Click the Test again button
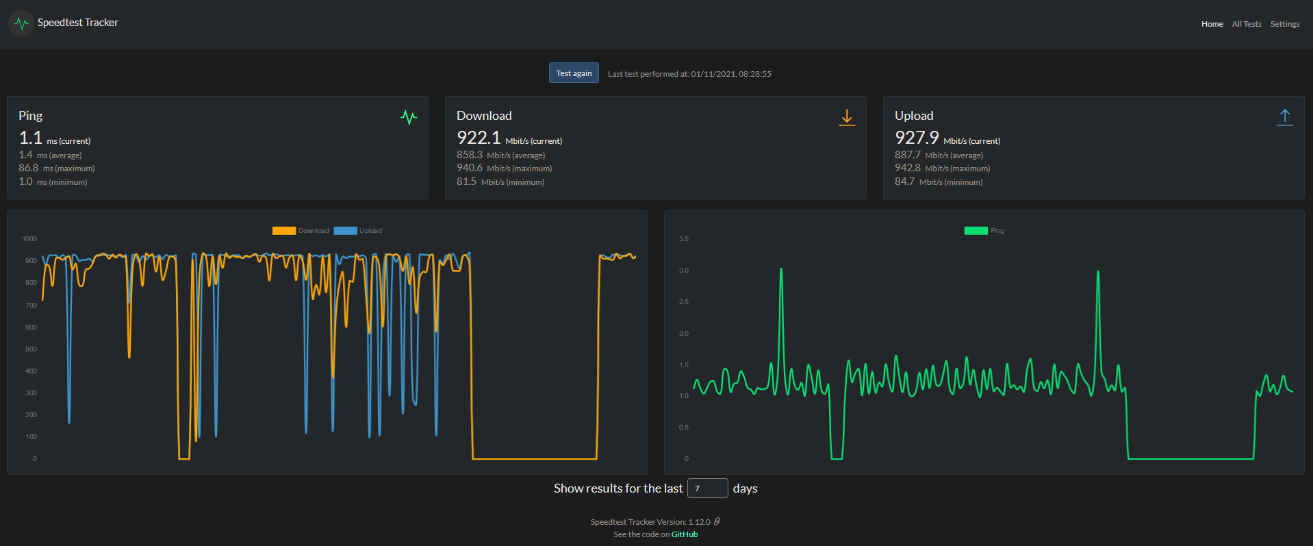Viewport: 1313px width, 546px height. (574, 73)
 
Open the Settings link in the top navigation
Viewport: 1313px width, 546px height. (1284, 24)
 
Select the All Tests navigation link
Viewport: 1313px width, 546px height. (1246, 24)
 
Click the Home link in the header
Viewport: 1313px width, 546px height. (1212, 24)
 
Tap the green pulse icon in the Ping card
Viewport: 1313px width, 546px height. (409, 117)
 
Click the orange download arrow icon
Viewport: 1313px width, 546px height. (847, 117)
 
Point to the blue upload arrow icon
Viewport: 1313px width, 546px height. (1285, 117)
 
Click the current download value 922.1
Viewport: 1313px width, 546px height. (479, 138)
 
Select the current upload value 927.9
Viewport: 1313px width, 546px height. (917, 138)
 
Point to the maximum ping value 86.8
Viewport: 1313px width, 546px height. (29, 168)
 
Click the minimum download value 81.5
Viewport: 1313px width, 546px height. (466, 182)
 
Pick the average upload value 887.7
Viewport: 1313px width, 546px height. (907, 155)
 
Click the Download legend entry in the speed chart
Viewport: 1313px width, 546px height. (301, 231)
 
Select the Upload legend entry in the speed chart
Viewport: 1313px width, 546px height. (358, 231)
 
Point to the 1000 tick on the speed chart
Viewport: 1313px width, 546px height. (29, 239)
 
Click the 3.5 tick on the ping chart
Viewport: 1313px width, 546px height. (683, 239)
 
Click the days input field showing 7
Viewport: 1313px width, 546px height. (707, 488)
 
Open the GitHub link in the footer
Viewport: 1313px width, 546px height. (684, 534)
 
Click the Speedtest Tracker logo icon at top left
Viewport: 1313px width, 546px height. (22, 23)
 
